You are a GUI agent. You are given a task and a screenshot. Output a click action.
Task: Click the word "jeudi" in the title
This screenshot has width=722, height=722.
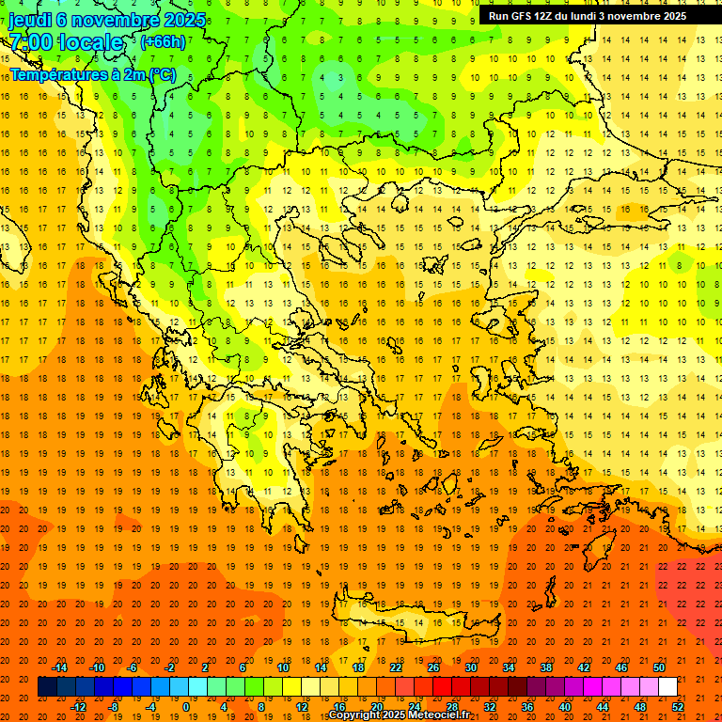click(31, 20)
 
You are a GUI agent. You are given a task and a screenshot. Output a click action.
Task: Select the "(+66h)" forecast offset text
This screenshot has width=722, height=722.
click(162, 42)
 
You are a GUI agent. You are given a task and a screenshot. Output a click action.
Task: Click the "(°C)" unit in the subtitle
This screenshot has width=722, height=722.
click(161, 74)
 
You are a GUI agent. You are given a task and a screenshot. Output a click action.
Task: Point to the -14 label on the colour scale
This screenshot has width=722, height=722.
click(59, 667)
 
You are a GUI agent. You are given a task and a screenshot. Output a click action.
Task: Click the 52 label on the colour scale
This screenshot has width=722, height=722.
click(678, 706)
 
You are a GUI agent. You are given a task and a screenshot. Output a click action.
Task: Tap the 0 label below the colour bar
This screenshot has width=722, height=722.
click(186, 706)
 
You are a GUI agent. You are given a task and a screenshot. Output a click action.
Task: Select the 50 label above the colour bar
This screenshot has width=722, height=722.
click(659, 667)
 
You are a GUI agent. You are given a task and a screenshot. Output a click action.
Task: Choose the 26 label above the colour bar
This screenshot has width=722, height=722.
click(433, 667)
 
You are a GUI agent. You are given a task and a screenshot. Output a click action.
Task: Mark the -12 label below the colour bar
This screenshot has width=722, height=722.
click(79, 706)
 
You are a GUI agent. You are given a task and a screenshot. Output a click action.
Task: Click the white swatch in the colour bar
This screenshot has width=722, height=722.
click(667, 687)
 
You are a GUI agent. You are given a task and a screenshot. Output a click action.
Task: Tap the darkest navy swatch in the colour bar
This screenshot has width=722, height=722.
click(47, 687)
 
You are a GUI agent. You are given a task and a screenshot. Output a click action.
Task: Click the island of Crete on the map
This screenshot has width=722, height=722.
click(404, 623)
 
